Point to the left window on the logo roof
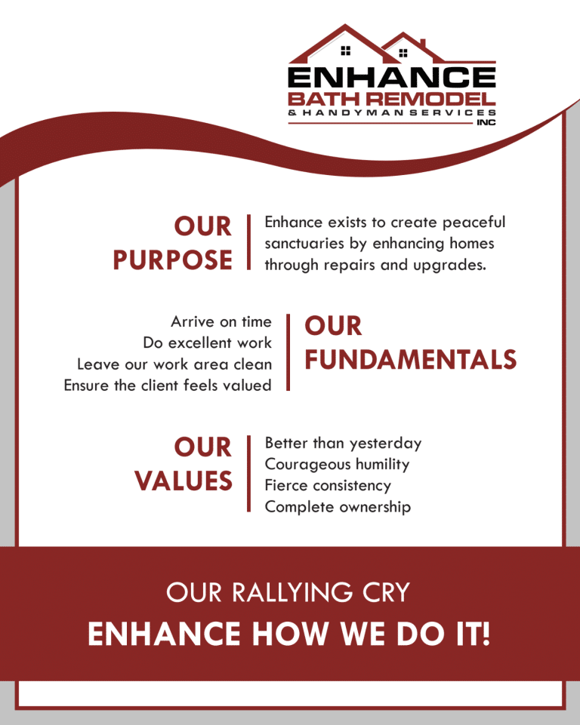(346, 51)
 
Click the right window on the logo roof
(403, 53)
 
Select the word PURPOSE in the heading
(173, 260)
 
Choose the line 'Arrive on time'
(221, 322)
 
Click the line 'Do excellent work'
(207, 343)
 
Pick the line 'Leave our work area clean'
(174, 364)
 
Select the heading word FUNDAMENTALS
(410, 360)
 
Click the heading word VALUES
(184, 481)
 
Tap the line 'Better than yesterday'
(343, 444)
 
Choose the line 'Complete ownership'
(338, 507)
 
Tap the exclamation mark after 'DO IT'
(485, 634)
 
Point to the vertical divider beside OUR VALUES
(248, 473)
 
